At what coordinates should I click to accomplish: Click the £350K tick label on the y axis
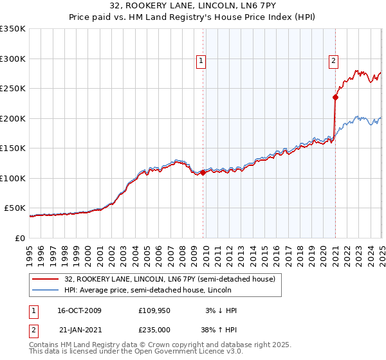click(12, 29)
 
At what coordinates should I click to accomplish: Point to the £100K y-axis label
click(12, 178)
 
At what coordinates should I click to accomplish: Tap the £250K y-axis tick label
click(12, 89)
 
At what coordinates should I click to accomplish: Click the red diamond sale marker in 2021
click(335, 98)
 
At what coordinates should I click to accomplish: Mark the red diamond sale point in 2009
click(203, 172)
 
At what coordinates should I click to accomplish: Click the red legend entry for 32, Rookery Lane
click(170, 279)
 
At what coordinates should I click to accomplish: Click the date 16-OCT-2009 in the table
click(79, 310)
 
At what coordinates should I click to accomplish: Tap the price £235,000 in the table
click(155, 329)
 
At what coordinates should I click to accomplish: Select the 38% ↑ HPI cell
click(219, 329)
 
